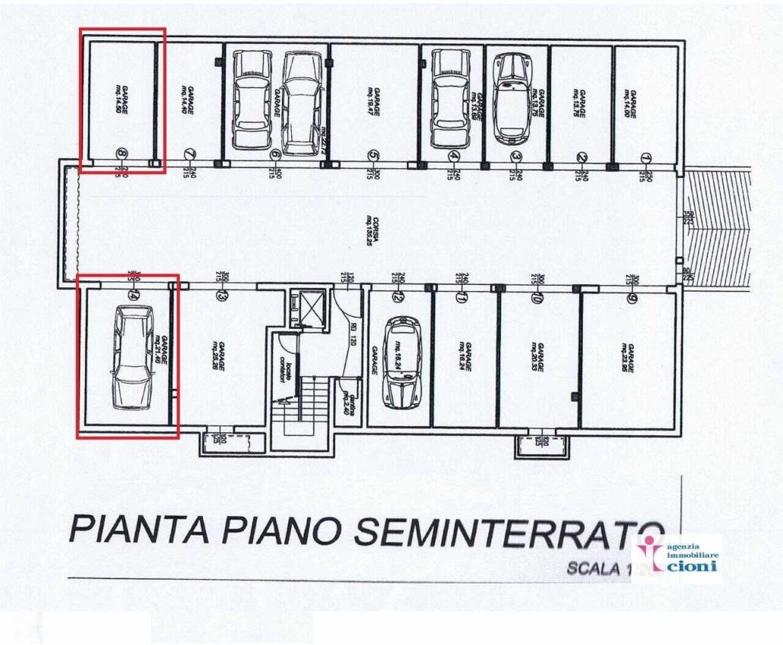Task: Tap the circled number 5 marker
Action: click(373, 156)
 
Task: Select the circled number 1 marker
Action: click(646, 157)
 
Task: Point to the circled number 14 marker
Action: click(135, 294)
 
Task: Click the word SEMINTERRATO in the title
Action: click(509, 531)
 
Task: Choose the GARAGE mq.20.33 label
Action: click(537, 356)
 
